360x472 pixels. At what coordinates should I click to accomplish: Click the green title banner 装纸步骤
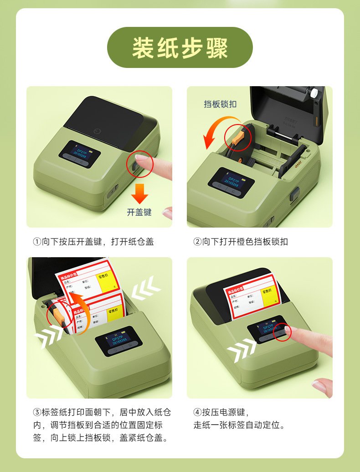(x=180, y=47)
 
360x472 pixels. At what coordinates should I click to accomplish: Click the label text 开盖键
(x=139, y=212)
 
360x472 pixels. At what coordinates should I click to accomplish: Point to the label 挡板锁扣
(x=220, y=104)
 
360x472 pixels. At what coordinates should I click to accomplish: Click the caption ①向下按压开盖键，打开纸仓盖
(x=93, y=242)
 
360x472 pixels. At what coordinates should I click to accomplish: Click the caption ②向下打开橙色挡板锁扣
(x=241, y=242)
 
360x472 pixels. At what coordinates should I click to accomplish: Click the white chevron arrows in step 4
(x=242, y=351)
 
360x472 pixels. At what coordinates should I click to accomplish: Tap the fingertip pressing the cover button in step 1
(x=142, y=159)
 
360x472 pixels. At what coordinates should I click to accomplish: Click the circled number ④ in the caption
(x=197, y=412)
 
